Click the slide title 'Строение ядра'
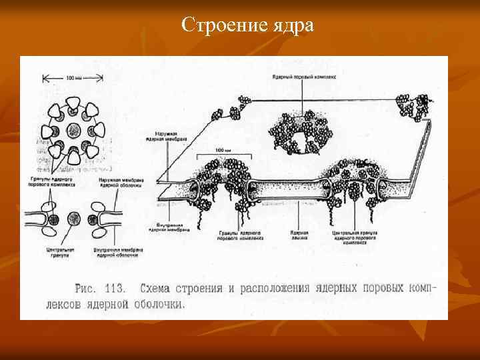click(247, 26)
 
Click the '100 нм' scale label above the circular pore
click(74, 78)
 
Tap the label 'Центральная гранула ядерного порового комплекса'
click(355, 238)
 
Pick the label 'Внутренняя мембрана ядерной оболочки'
click(117, 253)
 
